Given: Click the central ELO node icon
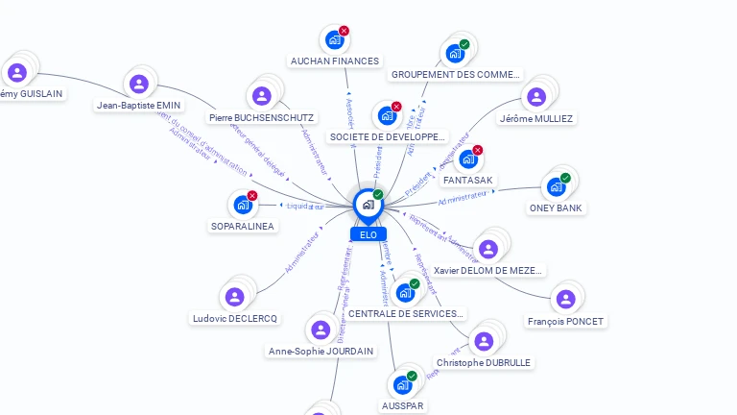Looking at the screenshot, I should pos(368,205).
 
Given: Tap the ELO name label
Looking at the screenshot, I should pos(368,234).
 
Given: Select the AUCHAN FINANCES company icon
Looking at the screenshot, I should pos(334,39).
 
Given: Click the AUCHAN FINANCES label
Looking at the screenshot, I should pos(335,61).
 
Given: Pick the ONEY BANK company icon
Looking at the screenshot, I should pos(556,186).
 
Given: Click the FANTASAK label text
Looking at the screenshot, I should pos(468,180).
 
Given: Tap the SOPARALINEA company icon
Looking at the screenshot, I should pos(242,205).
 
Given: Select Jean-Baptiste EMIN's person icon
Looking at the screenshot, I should pos(139,85).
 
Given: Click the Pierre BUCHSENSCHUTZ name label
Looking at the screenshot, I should pos(261,118).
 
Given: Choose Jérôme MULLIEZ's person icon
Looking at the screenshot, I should pos(536,97).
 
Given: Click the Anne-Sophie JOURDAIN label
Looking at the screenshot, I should pos(321,351).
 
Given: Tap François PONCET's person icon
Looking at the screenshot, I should pos(566,299).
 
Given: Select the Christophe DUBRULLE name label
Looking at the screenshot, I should pos(484,362).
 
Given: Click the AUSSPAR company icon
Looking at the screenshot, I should pos(402,385).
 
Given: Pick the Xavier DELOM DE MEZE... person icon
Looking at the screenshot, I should pos(488,249).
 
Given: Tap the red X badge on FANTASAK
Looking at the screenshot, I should pos(478,150).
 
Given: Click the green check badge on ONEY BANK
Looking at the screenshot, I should pos(565,178).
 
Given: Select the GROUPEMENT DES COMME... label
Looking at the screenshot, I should pos(456,74).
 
